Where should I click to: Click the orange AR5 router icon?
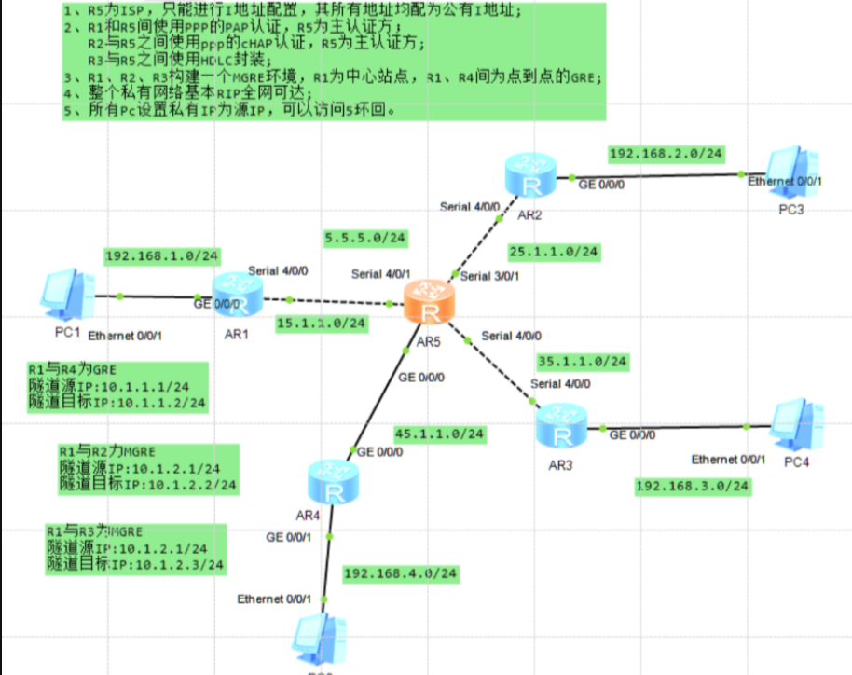click(429, 304)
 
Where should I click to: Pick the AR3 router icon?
click(560, 426)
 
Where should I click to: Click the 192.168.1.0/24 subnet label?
click(162, 255)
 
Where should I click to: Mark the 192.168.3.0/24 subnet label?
click(693, 486)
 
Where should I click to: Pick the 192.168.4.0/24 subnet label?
click(401, 573)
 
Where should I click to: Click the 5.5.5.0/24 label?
click(365, 239)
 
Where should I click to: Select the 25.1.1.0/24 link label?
click(554, 252)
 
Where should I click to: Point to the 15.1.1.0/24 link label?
click(321, 323)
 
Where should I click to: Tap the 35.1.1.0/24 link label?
click(583, 361)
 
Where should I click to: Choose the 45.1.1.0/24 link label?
click(439, 434)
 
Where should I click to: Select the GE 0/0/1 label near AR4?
click(288, 537)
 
